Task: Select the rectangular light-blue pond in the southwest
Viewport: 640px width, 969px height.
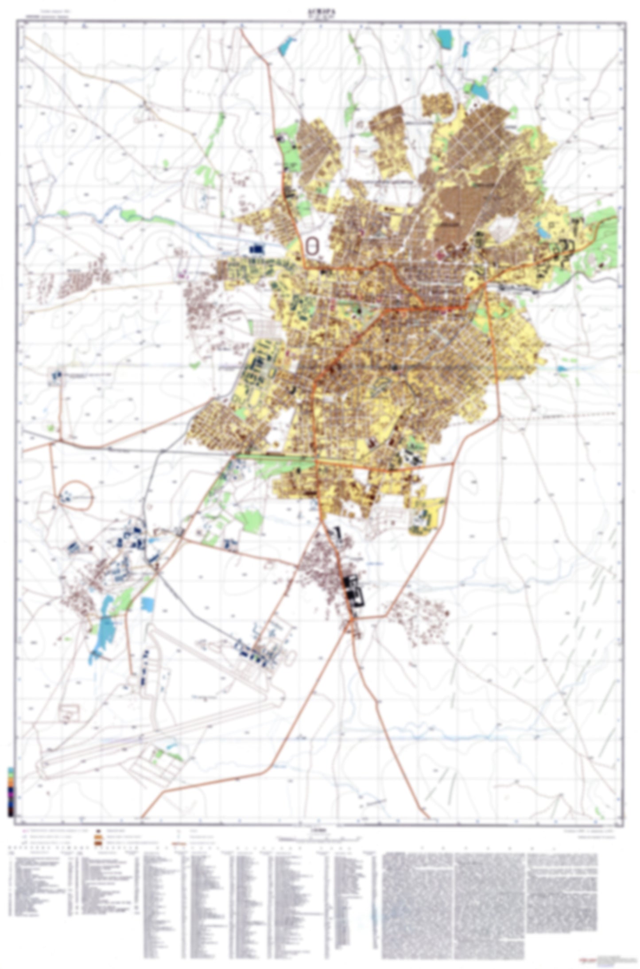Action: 147,605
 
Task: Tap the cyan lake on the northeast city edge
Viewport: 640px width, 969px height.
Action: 479,90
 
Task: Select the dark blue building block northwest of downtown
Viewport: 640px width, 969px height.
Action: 256,250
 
